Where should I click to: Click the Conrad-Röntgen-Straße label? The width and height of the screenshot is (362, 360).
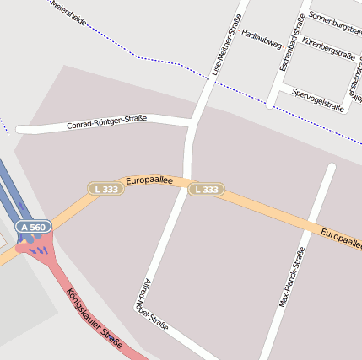106,122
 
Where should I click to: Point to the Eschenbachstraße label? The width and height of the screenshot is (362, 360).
294,40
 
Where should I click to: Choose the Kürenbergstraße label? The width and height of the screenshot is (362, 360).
330,46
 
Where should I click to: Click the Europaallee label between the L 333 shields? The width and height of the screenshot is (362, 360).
149,180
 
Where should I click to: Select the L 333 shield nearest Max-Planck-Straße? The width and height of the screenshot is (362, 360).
205,190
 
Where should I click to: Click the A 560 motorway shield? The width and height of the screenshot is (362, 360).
34,227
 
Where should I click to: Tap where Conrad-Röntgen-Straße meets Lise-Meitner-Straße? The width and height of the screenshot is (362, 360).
192,123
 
